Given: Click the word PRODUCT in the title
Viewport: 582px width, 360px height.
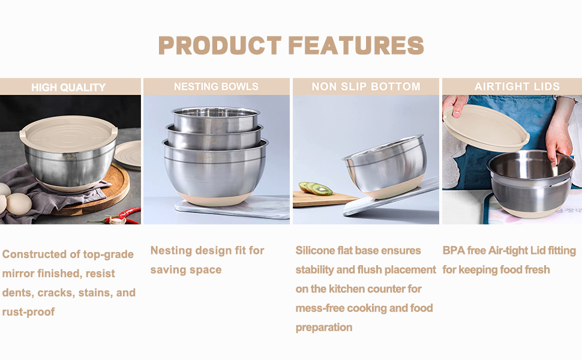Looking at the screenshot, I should coord(220,46).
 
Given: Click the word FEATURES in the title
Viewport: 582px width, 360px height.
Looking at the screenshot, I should coord(356,46).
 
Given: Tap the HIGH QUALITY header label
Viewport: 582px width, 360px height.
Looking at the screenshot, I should coord(68,88).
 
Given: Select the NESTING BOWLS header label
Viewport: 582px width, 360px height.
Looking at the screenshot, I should coord(216,87).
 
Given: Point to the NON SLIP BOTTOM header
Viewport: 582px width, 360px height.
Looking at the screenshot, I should coord(366,87).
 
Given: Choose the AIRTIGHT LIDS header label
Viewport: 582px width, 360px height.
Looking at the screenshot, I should coord(517,87).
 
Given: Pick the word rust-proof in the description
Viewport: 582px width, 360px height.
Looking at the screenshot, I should coord(28,312).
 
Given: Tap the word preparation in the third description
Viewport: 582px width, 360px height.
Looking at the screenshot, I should coord(324,328).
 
